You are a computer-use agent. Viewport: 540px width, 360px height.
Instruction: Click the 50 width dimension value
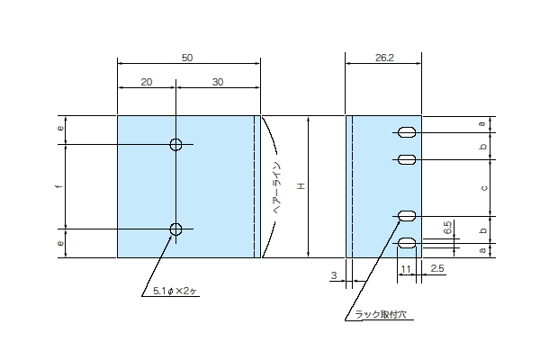[x=187, y=58]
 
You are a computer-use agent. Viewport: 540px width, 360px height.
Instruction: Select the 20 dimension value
[x=147, y=82]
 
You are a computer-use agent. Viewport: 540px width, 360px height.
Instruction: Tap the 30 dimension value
[x=218, y=82]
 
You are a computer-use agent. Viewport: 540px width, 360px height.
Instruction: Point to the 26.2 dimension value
[x=384, y=58]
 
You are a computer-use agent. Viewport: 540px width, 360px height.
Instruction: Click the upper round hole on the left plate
[x=176, y=144]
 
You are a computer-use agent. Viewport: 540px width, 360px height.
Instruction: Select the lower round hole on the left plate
[x=176, y=229]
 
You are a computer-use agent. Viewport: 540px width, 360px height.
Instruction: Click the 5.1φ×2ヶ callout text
[x=175, y=291]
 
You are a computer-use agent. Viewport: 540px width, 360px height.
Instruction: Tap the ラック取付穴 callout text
[x=381, y=314]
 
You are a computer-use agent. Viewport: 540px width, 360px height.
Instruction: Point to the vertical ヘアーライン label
[x=277, y=187]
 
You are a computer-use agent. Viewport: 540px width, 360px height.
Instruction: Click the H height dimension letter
[x=301, y=186]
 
